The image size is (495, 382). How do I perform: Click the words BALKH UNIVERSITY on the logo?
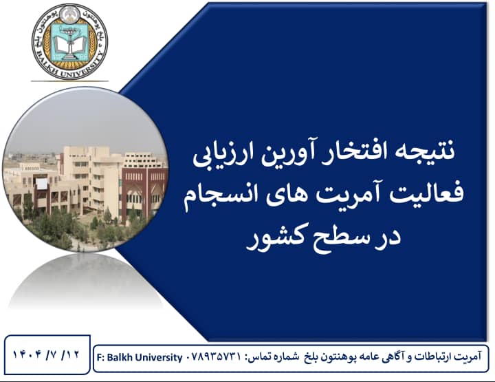pos(69,67)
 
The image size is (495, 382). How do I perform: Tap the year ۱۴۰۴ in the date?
pos(27,354)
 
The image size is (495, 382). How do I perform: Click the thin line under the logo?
pos(69,81)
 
